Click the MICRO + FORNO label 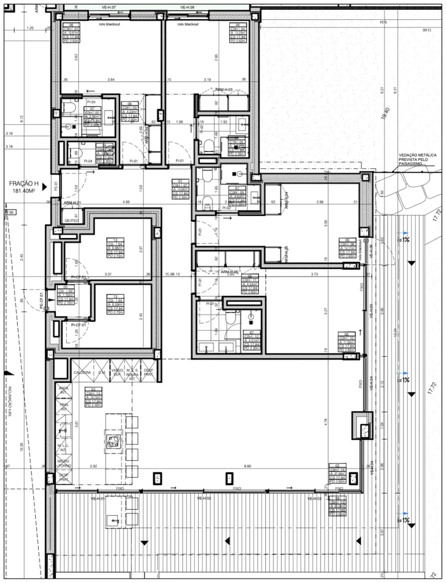tap(63, 463)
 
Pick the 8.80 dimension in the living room tap(248, 466)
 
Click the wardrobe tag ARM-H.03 tap(224, 90)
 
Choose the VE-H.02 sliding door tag tap(204, 498)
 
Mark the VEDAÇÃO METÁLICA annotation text tap(418, 160)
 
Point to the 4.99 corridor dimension tap(126, 202)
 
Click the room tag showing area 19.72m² tap(93, 398)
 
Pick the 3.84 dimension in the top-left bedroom tap(111, 79)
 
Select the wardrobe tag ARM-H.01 tap(72, 203)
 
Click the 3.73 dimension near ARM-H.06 tap(314, 274)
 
